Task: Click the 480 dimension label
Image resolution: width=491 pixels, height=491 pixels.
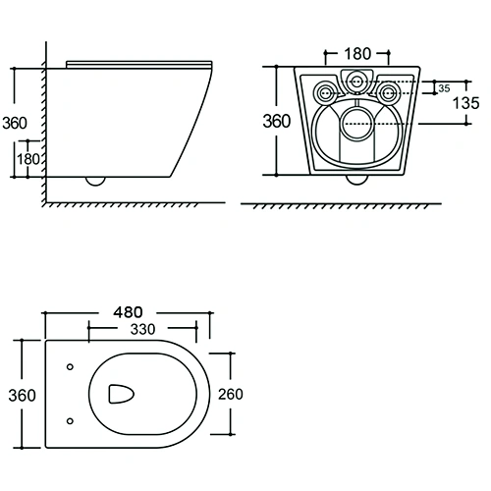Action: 128,312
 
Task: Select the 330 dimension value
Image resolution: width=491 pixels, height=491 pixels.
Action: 142,329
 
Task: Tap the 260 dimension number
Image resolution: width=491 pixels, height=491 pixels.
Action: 231,394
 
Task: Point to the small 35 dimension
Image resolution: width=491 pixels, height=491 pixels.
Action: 444,88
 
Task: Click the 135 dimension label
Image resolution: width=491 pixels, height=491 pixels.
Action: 465,103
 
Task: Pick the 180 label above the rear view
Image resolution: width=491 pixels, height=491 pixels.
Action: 357,54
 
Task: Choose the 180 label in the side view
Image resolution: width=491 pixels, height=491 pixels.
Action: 28,159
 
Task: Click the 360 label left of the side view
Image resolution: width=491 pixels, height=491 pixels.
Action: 15,123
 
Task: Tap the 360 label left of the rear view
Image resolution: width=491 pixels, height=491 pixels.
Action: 277,121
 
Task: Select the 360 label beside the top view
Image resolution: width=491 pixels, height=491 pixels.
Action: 22,396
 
